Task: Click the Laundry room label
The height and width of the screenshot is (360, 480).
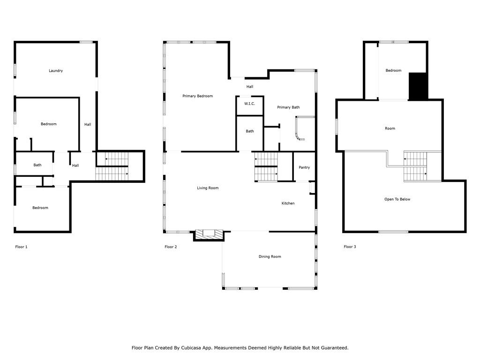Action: [x=56, y=71]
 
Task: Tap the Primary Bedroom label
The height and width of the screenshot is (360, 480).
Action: [x=197, y=96]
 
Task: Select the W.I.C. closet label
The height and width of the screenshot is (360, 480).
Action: [x=249, y=104]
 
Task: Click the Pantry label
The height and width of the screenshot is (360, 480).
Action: [x=304, y=167]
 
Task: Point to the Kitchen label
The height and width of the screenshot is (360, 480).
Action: [x=288, y=203]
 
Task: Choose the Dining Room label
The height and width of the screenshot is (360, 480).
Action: [x=270, y=256]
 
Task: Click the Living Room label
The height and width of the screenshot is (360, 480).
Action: [x=208, y=188]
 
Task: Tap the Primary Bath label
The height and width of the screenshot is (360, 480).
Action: [x=288, y=107]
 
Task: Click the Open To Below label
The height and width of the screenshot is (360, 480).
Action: [x=397, y=199]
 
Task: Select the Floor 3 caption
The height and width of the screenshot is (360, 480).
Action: [x=350, y=247]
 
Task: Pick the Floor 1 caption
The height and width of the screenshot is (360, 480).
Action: [x=22, y=247]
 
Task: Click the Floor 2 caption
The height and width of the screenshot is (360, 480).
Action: [x=171, y=247]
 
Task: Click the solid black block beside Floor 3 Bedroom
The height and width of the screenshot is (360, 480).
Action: [x=418, y=86]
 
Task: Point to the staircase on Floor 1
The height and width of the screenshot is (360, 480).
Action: [x=112, y=166]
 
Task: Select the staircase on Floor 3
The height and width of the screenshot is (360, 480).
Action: [x=416, y=166]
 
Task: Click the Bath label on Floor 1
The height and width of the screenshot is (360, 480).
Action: [x=37, y=165]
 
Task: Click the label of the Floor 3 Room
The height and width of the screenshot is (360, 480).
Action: [x=390, y=128]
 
